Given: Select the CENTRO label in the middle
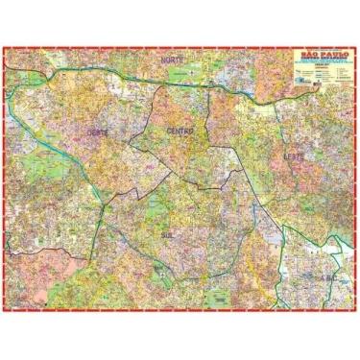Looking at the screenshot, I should click(180, 130).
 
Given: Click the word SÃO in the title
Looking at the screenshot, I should click(301, 54).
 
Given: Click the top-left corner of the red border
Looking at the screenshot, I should click(6, 44).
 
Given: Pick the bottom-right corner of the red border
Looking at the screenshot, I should click(354, 313).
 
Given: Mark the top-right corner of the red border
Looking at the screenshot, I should click(354, 44).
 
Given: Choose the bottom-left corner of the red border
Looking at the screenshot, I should click(6, 313).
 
